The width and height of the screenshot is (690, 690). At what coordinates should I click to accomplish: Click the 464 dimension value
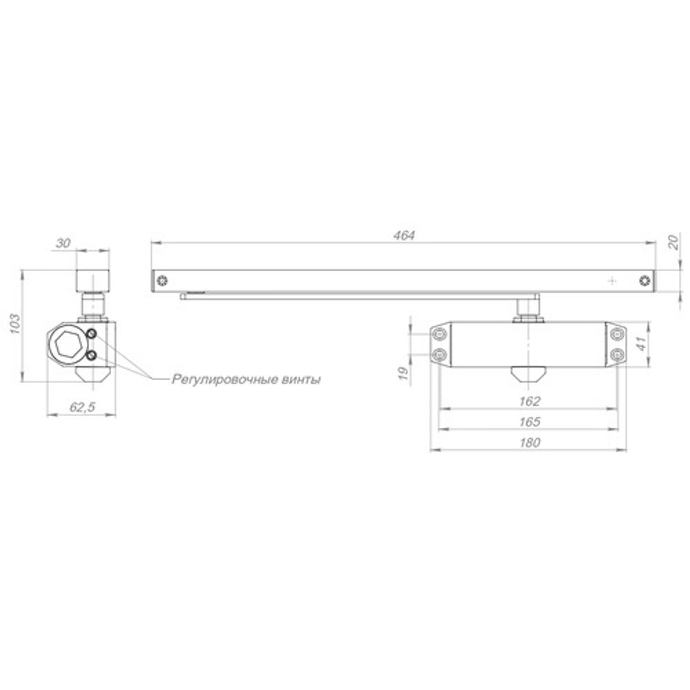pos(404,235)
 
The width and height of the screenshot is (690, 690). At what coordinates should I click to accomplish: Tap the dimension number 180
pos(530,443)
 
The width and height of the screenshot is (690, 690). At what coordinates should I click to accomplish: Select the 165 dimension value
pos(530,422)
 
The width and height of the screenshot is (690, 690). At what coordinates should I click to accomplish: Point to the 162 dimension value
pos(530,401)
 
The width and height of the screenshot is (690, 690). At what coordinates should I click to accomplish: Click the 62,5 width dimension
pos(82,408)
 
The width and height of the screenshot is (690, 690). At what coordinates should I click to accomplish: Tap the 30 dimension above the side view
pos(63,243)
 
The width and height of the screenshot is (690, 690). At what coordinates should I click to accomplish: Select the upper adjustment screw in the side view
pos(92,334)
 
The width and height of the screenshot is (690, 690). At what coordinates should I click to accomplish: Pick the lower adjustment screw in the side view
pos(92,356)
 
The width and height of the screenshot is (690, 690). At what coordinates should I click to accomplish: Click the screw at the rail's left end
pos(161,281)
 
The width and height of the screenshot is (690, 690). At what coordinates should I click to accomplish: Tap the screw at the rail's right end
pos(644,281)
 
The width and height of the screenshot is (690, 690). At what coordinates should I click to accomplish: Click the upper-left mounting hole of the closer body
pos(440,335)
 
